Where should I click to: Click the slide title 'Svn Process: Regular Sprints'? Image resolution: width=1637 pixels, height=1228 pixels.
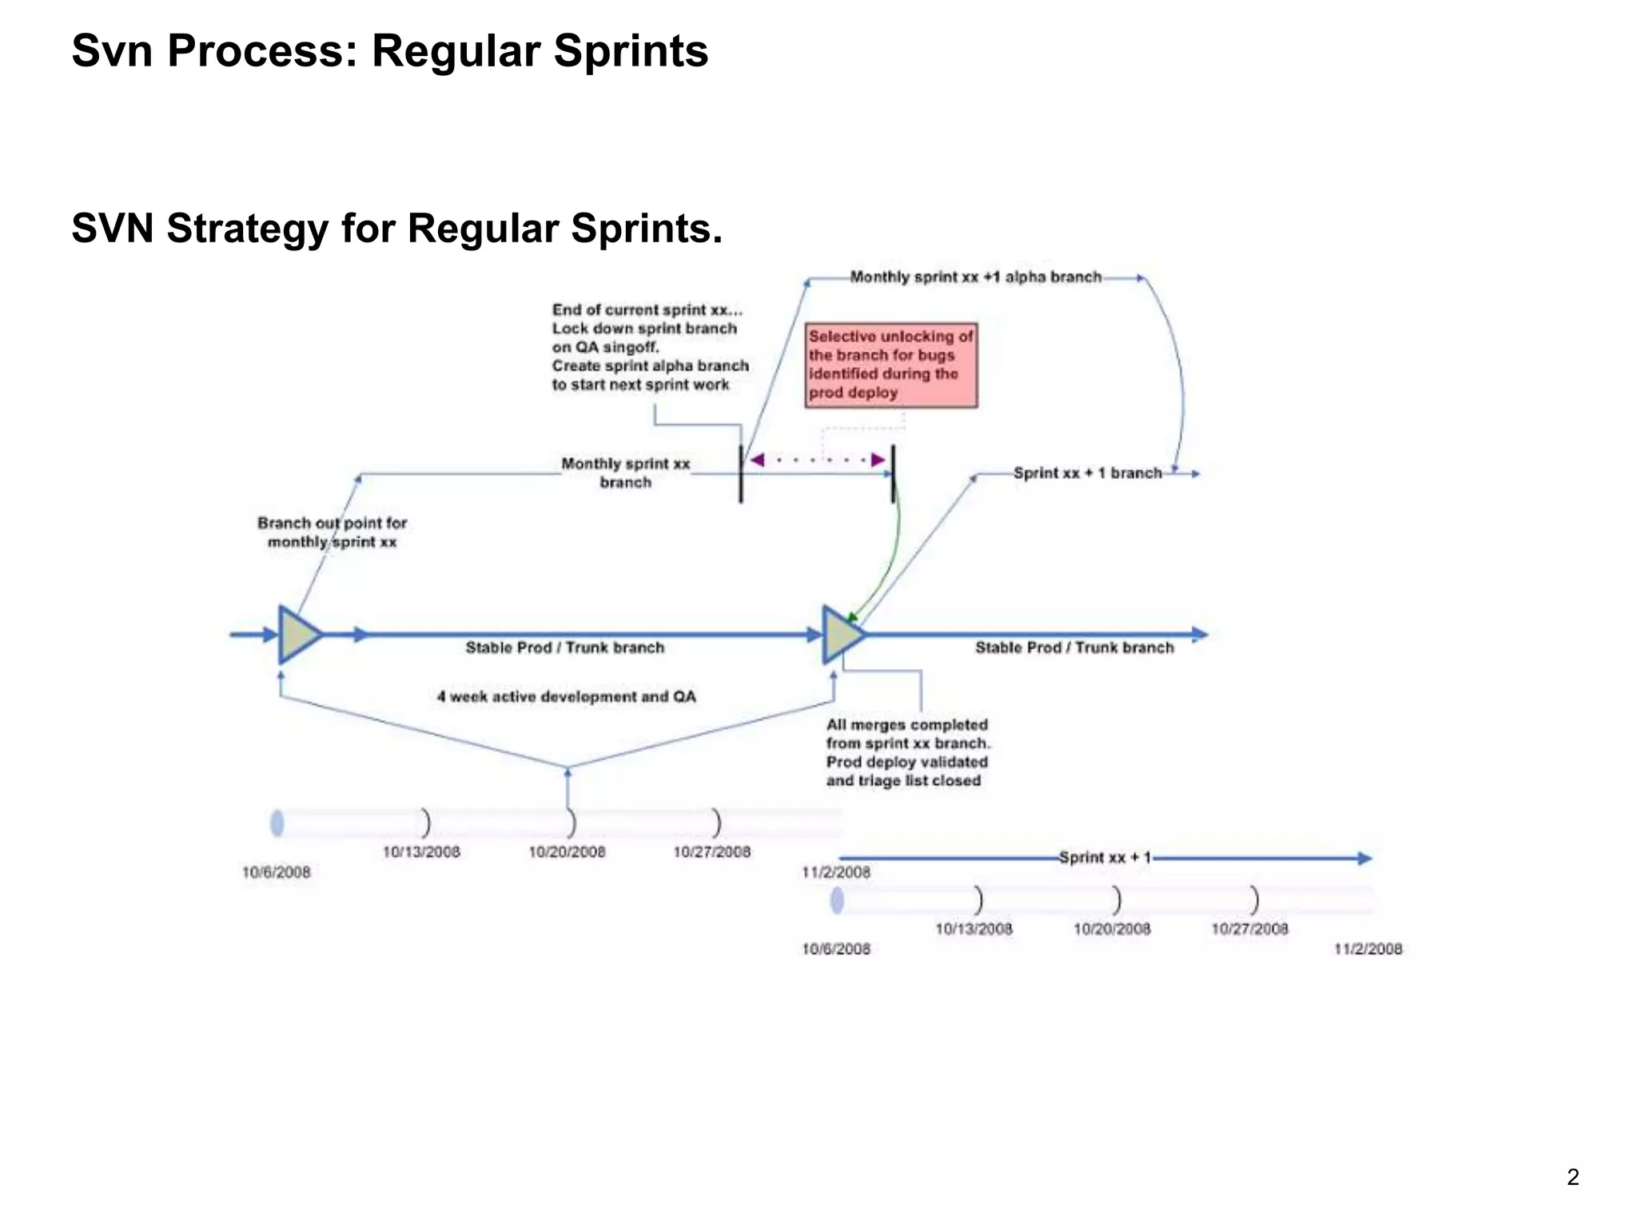pyautogui.click(x=390, y=51)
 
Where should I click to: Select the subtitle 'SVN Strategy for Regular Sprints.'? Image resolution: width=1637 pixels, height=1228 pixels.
pyautogui.click(x=397, y=229)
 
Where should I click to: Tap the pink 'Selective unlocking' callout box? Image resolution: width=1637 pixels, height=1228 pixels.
pyautogui.click(x=890, y=365)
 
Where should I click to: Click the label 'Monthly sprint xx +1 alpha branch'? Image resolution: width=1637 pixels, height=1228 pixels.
pyautogui.click(x=975, y=277)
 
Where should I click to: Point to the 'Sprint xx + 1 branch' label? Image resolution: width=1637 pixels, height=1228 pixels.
pyautogui.click(x=1087, y=473)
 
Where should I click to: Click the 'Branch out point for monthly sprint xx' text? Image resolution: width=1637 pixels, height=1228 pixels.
pyautogui.click(x=332, y=532)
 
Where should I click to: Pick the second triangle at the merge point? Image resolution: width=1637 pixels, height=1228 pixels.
pyautogui.click(x=841, y=635)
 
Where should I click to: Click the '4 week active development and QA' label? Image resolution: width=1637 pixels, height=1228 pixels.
pyautogui.click(x=566, y=697)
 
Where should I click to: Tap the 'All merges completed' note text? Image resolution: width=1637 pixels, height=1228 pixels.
pyautogui.click(x=907, y=752)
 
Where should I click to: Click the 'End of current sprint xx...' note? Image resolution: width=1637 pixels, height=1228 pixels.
pyautogui.click(x=650, y=347)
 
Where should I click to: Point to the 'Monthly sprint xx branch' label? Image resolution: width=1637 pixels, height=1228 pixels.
pyautogui.click(x=625, y=473)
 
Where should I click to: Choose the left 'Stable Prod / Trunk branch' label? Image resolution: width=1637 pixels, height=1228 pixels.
pyautogui.click(x=565, y=648)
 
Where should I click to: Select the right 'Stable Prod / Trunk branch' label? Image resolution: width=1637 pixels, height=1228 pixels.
pyautogui.click(x=1074, y=648)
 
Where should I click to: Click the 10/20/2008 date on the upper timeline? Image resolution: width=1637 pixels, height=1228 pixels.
pyautogui.click(x=567, y=852)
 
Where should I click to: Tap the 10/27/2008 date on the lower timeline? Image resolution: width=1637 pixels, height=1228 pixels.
pyautogui.click(x=1249, y=929)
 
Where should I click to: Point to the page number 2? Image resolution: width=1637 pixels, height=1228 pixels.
pyautogui.click(x=1572, y=1178)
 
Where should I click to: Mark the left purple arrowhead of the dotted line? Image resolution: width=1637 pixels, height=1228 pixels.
pyautogui.click(x=757, y=460)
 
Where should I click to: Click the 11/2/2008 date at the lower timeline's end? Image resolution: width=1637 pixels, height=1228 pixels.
pyautogui.click(x=1368, y=949)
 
